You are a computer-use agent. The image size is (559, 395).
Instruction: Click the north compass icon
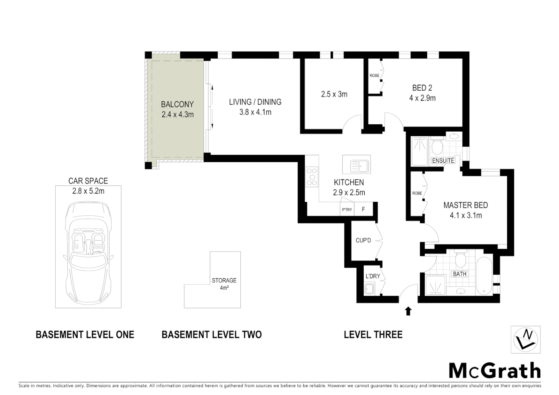(x=525, y=339)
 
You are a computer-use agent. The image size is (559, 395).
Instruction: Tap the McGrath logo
(x=495, y=370)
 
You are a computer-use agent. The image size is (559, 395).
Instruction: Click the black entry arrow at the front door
(x=408, y=311)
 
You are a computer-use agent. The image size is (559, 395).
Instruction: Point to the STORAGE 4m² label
(x=224, y=283)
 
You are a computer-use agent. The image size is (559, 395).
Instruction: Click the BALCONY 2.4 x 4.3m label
(x=177, y=109)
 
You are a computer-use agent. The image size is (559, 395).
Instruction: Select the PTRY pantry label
(x=347, y=210)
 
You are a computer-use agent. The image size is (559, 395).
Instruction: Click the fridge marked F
(x=363, y=210)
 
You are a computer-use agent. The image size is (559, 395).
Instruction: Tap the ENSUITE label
(x=443, y=161)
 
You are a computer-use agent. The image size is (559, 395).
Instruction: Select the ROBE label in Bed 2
(x=374, y=76)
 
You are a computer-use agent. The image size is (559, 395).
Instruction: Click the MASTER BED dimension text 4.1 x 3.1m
(x=466, y=215)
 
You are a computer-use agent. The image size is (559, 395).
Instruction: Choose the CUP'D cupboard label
(x=363, y=240)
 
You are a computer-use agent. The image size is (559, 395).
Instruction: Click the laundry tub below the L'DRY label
(x=369, y=289)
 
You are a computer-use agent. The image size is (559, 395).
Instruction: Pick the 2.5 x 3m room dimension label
(x=334, y=94)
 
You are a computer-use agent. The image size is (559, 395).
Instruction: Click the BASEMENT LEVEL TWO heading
(x=211, y=334)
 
